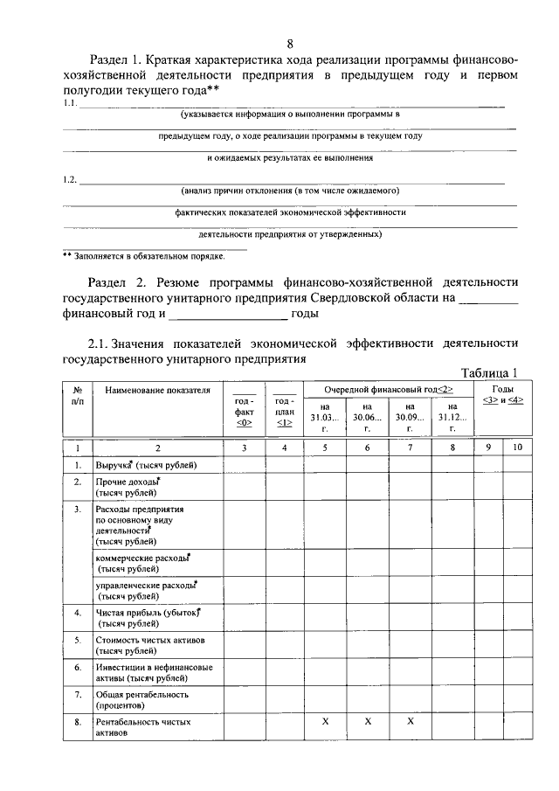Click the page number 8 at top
coord(290,45)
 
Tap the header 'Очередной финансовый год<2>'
coord(388,388)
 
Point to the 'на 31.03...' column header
coord(325,418)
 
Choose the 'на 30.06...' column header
coord(367,418)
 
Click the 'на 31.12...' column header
coord(452,418)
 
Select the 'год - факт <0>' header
coord(245,411)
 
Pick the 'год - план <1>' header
coord(284,411)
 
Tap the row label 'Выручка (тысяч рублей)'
coord(146,465)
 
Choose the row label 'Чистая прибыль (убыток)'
coord(148,619)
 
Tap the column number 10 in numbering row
coord(517,448)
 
